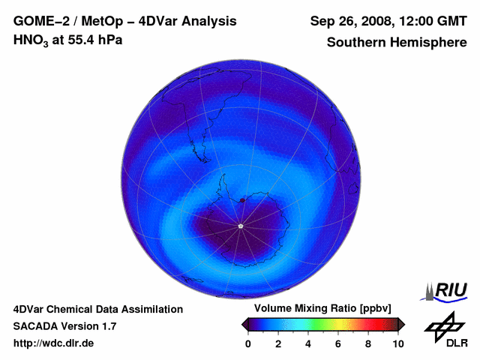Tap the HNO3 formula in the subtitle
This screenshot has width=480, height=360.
pos(31,40)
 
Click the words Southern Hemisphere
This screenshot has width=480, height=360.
pos(396,42)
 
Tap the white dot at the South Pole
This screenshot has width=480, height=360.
pos(240,226)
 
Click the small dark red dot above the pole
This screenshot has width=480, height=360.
pos(241,200)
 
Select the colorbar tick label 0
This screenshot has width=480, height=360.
pos(248,343)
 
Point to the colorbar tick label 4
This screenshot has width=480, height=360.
pos(308,343)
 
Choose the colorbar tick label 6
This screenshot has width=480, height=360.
pos(338,343)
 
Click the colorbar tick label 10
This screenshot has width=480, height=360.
pos(398,343)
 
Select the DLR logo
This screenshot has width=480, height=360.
pos(443,330)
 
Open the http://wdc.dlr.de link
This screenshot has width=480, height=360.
pos(54,343)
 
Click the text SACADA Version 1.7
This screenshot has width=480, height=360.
pos(64,326)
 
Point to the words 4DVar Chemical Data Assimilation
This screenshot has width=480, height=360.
pos(97,309)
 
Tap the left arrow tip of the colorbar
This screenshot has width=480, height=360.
pos(244,324)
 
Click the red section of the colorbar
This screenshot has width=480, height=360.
pos(371,324)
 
